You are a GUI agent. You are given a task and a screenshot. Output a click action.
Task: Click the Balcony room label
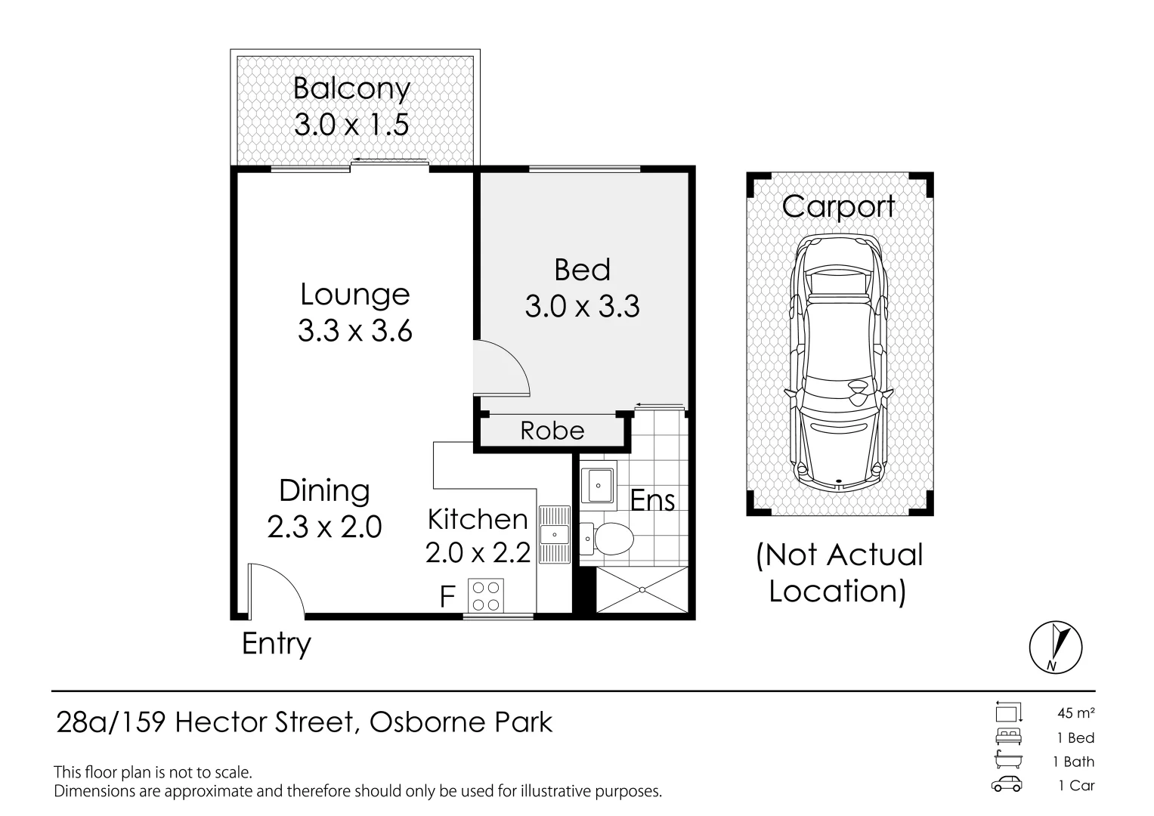point(352,88)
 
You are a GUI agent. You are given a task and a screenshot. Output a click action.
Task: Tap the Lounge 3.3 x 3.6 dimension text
point(355,330)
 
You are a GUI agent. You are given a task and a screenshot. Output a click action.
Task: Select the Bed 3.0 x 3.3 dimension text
point(582,306)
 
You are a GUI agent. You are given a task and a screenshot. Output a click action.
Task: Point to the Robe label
point(552,431)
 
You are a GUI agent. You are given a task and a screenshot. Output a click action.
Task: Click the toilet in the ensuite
point(607,538)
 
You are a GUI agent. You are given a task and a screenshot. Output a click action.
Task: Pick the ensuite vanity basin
point(598,485)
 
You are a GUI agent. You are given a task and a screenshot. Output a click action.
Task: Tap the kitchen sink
point(555,534)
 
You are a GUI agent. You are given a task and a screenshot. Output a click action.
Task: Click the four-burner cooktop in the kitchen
point(486,595)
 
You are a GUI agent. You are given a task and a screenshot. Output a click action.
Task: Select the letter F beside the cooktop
point(447,597)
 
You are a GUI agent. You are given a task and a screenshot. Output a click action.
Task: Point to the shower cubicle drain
point(642,590)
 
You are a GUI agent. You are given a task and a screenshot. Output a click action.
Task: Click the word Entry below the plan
point(277,644)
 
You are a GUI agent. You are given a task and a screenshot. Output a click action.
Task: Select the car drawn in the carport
point(838,363)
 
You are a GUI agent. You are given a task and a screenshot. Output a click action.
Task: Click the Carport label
point(838,207)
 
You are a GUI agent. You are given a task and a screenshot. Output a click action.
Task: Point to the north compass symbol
point(1056,647)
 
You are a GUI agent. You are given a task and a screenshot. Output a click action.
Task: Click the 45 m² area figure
point(1075,713)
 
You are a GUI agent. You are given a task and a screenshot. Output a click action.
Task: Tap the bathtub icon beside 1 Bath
point(1008,760)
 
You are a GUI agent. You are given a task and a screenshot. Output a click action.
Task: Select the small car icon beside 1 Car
point(1007,784)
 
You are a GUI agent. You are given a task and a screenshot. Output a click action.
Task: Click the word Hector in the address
point(221,722)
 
